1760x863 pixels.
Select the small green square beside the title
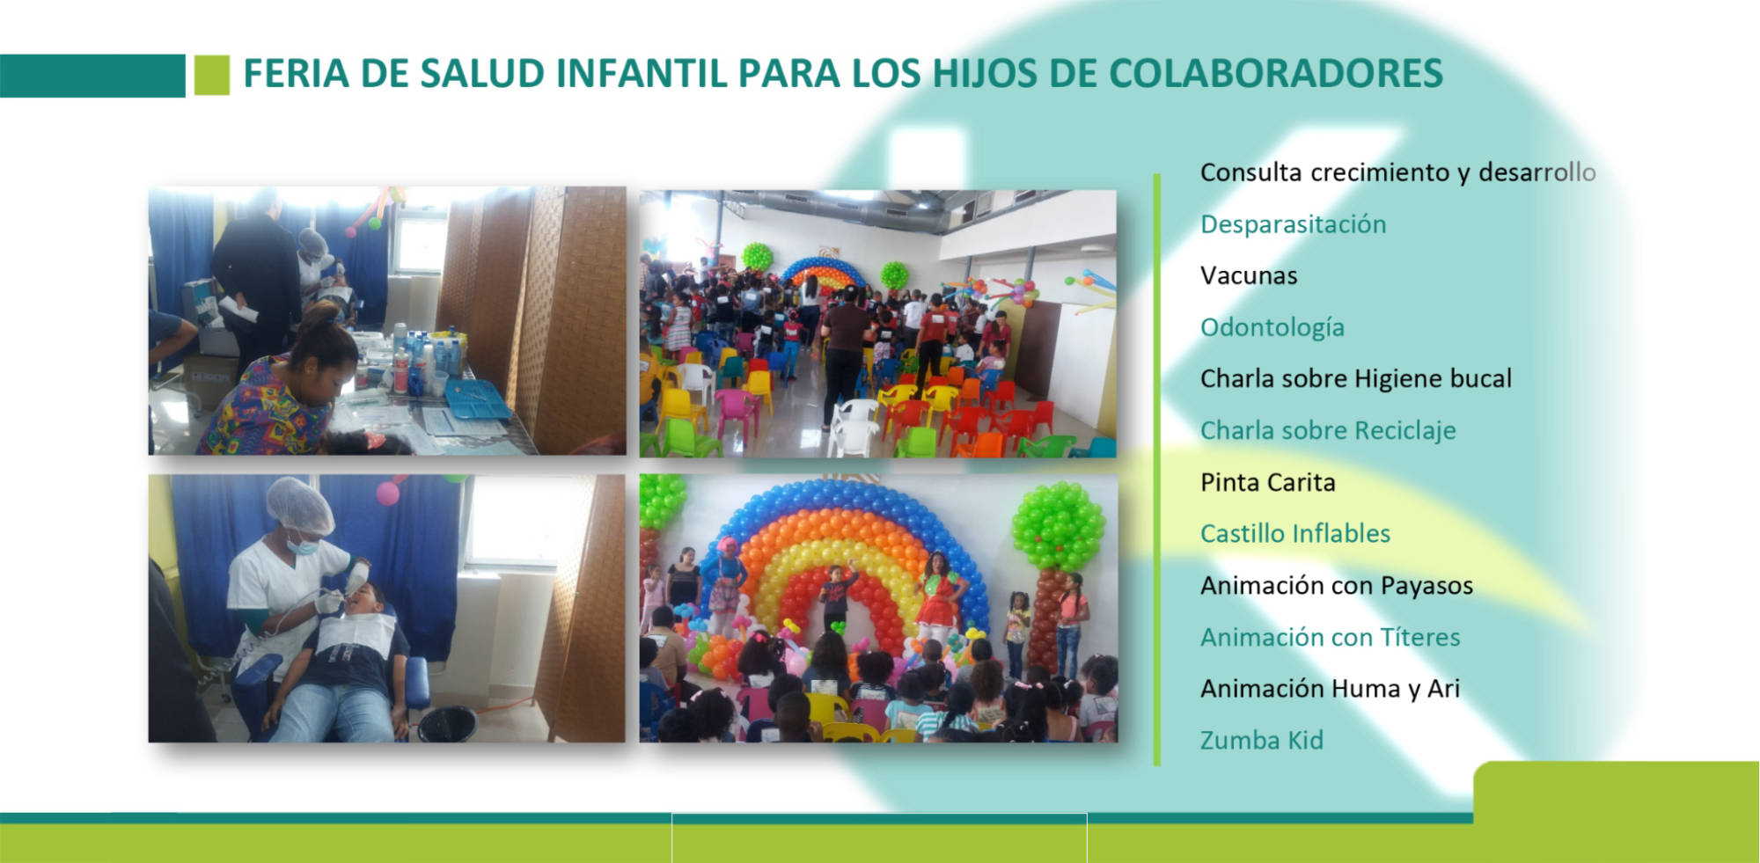pyautogui.click(x=211, y=75)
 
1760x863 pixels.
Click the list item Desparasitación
pyautogui.click(x=1293, y=224)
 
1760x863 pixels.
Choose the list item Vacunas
pyautogui.click(x=1249, y=275)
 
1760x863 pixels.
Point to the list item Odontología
pyautogui.click(x=1272, y=327)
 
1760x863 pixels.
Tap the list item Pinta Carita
pyautogui.click(x=1268, y=482)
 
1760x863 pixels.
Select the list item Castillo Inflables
pyautogui.click(x=1295, y=533)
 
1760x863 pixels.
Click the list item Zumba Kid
pyautogui.click(x=1262, y=740)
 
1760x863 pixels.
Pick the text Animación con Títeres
pyautogui.click(x=1331, y=637)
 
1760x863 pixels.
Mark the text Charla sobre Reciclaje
pyautogui.click(x=1328, y=430)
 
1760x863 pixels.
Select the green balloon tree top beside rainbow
pyautogui.click(x=1058, y=526)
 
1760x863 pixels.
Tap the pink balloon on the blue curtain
pyautogui.click(x=388, y=493)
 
